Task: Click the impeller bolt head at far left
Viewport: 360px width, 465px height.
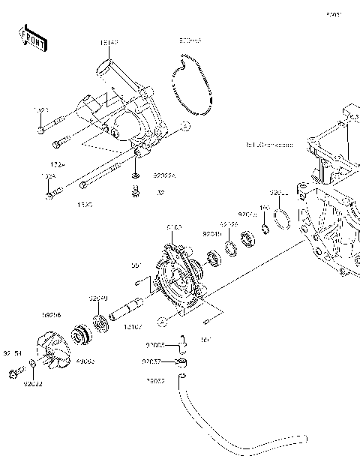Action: [x=13, y=373]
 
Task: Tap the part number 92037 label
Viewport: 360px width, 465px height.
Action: [x=154, y=361]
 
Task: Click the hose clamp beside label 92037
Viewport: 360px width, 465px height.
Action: [x=181, y=363]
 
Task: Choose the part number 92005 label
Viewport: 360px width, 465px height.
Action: [x=154, y=345]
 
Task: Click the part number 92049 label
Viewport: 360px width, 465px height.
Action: [x=211, y=234]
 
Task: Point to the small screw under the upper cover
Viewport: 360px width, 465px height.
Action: [x=136, y=193]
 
